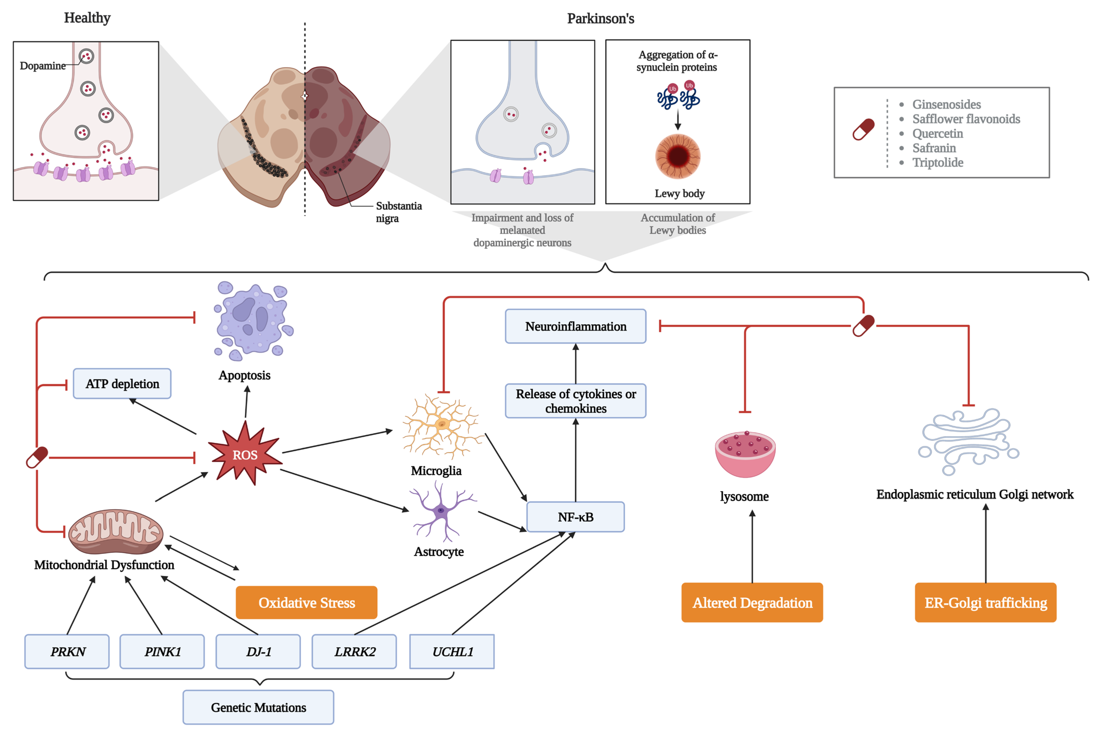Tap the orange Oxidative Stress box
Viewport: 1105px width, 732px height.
307,603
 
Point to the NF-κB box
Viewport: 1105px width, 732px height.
575,517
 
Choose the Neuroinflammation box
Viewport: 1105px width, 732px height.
575,326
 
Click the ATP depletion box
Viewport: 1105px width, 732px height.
122,384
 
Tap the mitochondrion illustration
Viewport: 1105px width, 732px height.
116,531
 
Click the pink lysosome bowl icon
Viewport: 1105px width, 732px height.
745,454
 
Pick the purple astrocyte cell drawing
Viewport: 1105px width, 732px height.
441,511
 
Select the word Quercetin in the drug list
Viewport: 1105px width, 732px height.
937,134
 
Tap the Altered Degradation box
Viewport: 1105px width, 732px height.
752,603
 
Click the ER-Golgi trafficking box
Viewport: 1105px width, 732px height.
986,603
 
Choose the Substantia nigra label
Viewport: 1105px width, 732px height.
398,212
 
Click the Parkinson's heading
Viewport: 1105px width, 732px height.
601,19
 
